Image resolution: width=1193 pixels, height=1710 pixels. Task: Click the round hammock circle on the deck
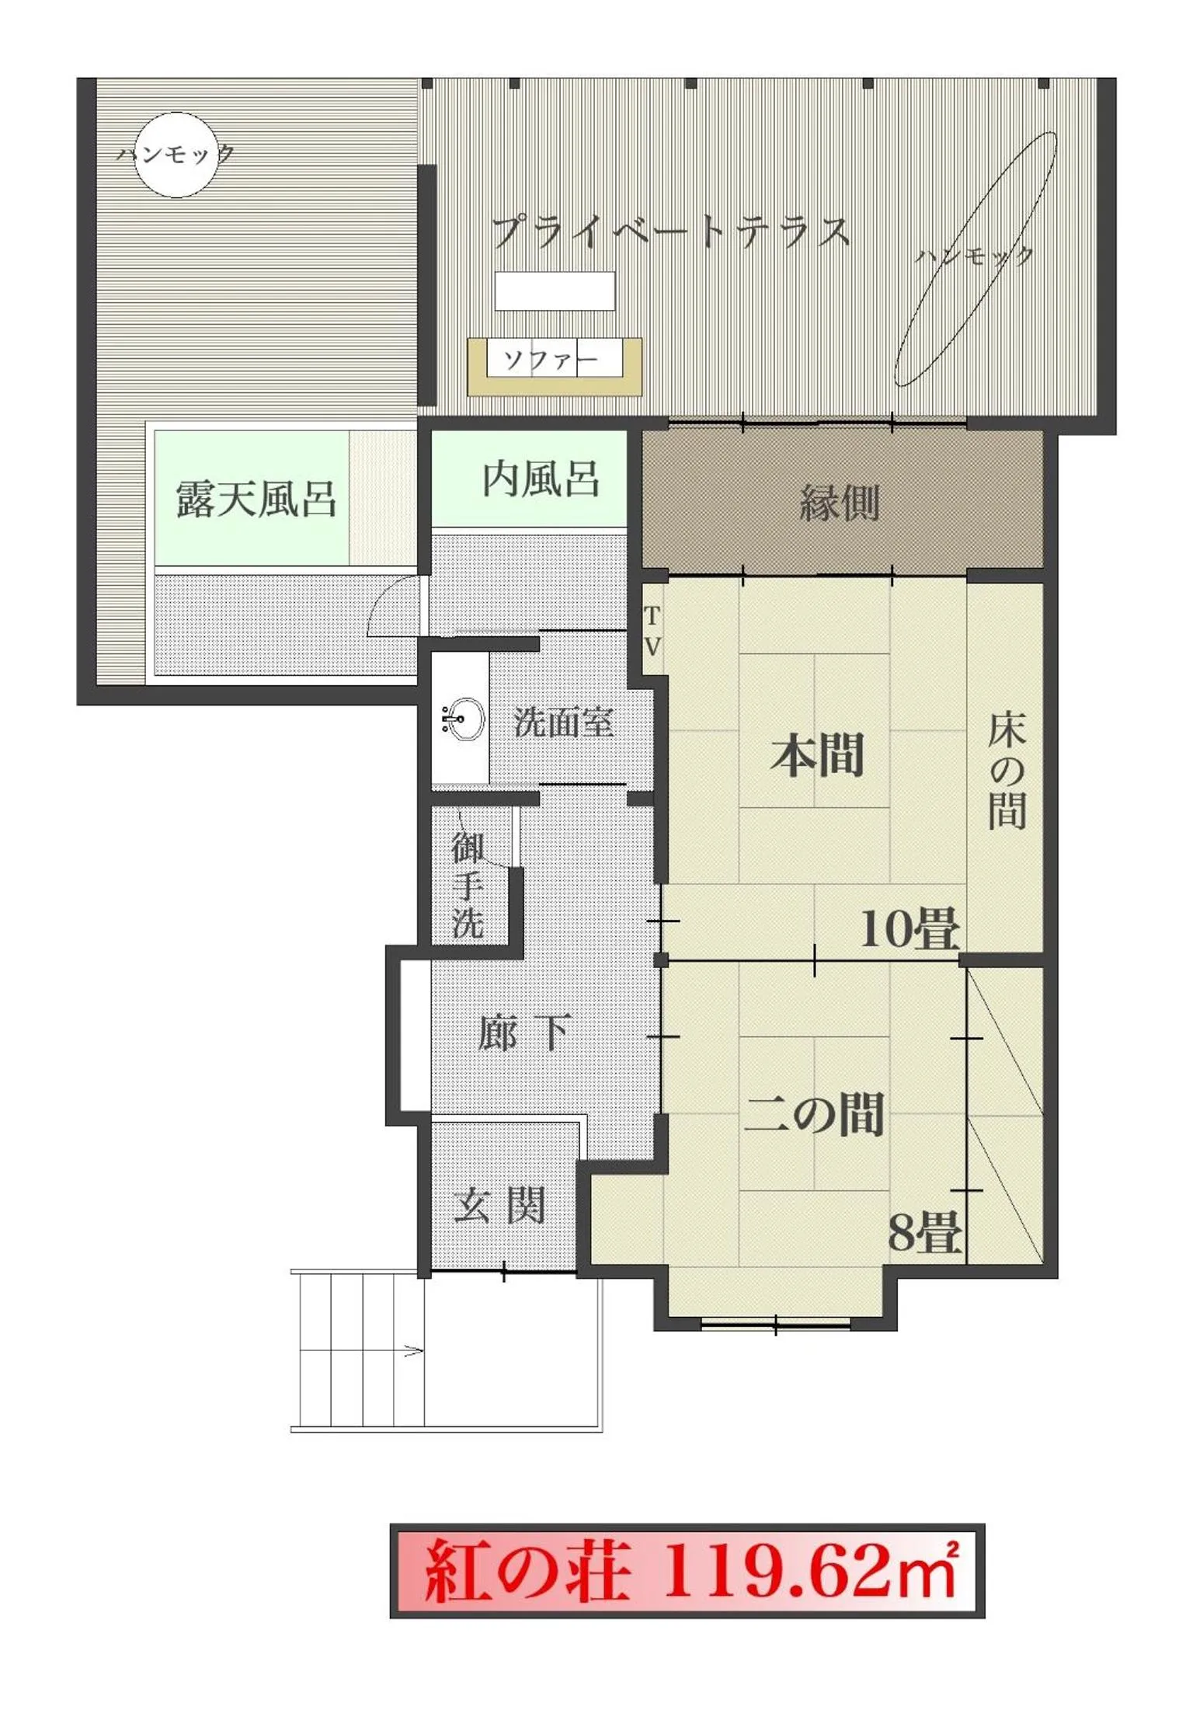click(x=176, y=155)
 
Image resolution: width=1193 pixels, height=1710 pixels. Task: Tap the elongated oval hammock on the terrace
click(x=976, y=259)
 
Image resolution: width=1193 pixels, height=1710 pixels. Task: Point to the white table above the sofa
click(x=555, y=291)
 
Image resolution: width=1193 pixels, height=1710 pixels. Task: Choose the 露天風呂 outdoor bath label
click(x=256, y=499)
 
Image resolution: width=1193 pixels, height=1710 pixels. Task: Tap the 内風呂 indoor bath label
click(x=541, y=479)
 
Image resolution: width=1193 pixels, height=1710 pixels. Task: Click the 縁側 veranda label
click(x=840, y=503)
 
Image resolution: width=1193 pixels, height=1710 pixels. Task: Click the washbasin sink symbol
click(x=462, y=719)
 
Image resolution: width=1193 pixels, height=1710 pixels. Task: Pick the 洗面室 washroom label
click(x=565, y=723)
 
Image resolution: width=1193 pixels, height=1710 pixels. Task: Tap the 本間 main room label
click(x=817, y=755)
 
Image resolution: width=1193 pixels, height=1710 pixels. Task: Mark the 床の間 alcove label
click(x=1007, y=771)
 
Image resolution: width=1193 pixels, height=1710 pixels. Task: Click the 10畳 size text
click(x=910, y=928)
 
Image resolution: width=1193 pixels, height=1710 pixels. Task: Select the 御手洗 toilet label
click(x=468, y=885)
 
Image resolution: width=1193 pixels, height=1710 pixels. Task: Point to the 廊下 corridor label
click(x=526, y=1033)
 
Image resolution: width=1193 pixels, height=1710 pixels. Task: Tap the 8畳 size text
click(x=924, y=1232)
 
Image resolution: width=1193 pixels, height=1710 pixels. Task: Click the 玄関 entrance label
click(x=499, y=1206)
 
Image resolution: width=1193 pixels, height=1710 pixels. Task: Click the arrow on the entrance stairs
click(x=413, y=1350)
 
